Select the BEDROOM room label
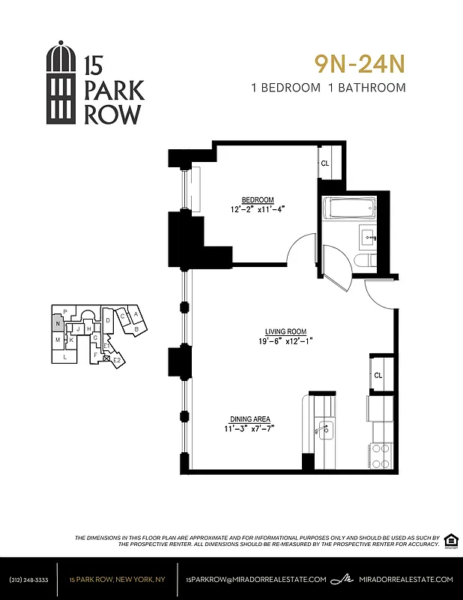(x=257, y=199)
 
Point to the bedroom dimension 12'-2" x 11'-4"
(x=257, y=209)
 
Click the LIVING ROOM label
(x=285, y=331)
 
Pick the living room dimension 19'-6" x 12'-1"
(x=285, y=342)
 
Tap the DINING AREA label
(x=250, y=419)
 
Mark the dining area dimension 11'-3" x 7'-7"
(x=250, y=429)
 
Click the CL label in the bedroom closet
(x=325, y=163)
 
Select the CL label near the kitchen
(x=378, y=375)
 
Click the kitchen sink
(x=324, y=430)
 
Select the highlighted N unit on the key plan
(x=57, y=324)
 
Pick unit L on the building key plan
(x=65, y=357)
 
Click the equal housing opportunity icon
(x=451, y=540)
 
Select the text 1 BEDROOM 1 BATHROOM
(x=329, y=88)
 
